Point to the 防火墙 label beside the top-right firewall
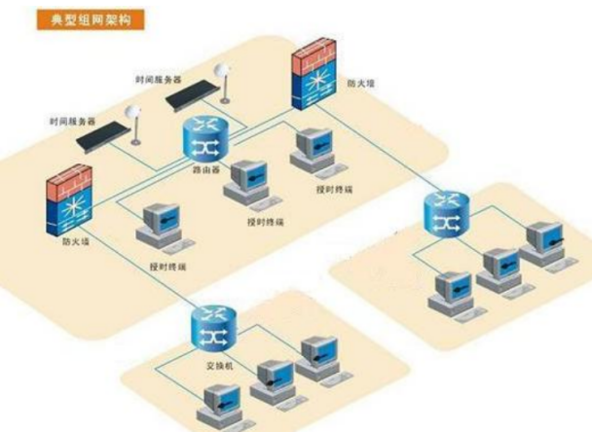tap(361, 85)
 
